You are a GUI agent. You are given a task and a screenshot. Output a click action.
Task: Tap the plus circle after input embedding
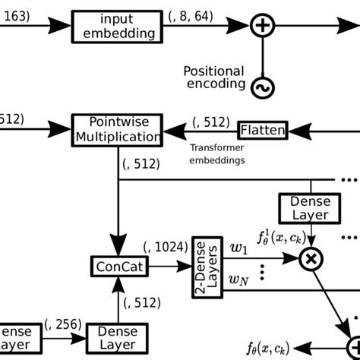pos(262,26)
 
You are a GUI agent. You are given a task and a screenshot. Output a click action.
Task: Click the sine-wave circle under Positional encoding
pos(262,89)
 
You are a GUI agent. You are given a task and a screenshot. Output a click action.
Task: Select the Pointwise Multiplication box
pos(117,130)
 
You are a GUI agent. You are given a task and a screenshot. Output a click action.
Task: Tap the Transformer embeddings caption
pos(216,154)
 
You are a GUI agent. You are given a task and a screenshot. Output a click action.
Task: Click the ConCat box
pos(119,267)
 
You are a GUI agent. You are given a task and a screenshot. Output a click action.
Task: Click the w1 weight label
pos(239,249)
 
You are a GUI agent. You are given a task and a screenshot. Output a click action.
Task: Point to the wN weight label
pos(240,281)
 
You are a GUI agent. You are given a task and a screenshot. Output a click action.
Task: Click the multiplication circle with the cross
pos(310,260)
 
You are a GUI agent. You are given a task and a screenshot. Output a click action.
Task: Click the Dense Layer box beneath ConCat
pos(118,339)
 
